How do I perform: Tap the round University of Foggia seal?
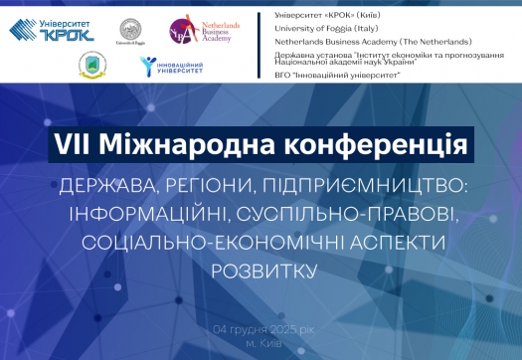[x=130, y=28]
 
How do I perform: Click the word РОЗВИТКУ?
[x=261, y=270]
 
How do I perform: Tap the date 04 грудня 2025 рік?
[x=261, y=329]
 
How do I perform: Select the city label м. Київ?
[x=262, y=343]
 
